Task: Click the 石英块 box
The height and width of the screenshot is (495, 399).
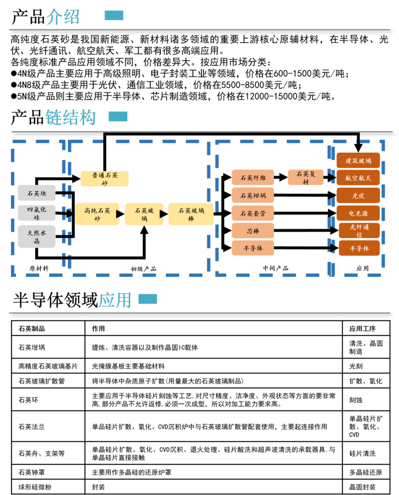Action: coord(37,193)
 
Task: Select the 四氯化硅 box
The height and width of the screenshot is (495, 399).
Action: coord(37,213)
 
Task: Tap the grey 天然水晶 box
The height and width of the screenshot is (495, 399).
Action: coord(37,236)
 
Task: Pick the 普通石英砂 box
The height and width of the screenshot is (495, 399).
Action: coord(105,178)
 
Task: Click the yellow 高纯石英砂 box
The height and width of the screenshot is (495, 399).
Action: coord(97,214)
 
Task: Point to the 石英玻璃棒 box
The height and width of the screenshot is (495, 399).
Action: coord(191,214)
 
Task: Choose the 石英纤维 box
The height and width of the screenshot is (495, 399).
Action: coord(253,177)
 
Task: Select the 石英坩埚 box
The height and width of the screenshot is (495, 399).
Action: coord(253,195)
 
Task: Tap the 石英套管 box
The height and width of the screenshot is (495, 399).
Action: coord(253,213)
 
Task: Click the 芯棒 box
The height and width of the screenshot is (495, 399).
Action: coord(253,231)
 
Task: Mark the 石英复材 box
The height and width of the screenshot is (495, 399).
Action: coord(305,177)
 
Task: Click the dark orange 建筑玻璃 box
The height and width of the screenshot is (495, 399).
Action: coord(358,160)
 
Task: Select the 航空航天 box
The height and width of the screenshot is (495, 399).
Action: coord(358,178)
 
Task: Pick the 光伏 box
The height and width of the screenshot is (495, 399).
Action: coord(358,195)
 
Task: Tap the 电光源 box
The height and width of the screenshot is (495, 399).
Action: coord(358,213)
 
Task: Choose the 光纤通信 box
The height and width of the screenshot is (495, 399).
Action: coord(359,231)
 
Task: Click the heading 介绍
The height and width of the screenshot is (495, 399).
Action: coord(63,17)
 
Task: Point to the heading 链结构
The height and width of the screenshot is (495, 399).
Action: coord(70,117)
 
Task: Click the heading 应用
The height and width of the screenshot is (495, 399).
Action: coord(115,300)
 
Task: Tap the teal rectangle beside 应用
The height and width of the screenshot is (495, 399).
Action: coord(148,299)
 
